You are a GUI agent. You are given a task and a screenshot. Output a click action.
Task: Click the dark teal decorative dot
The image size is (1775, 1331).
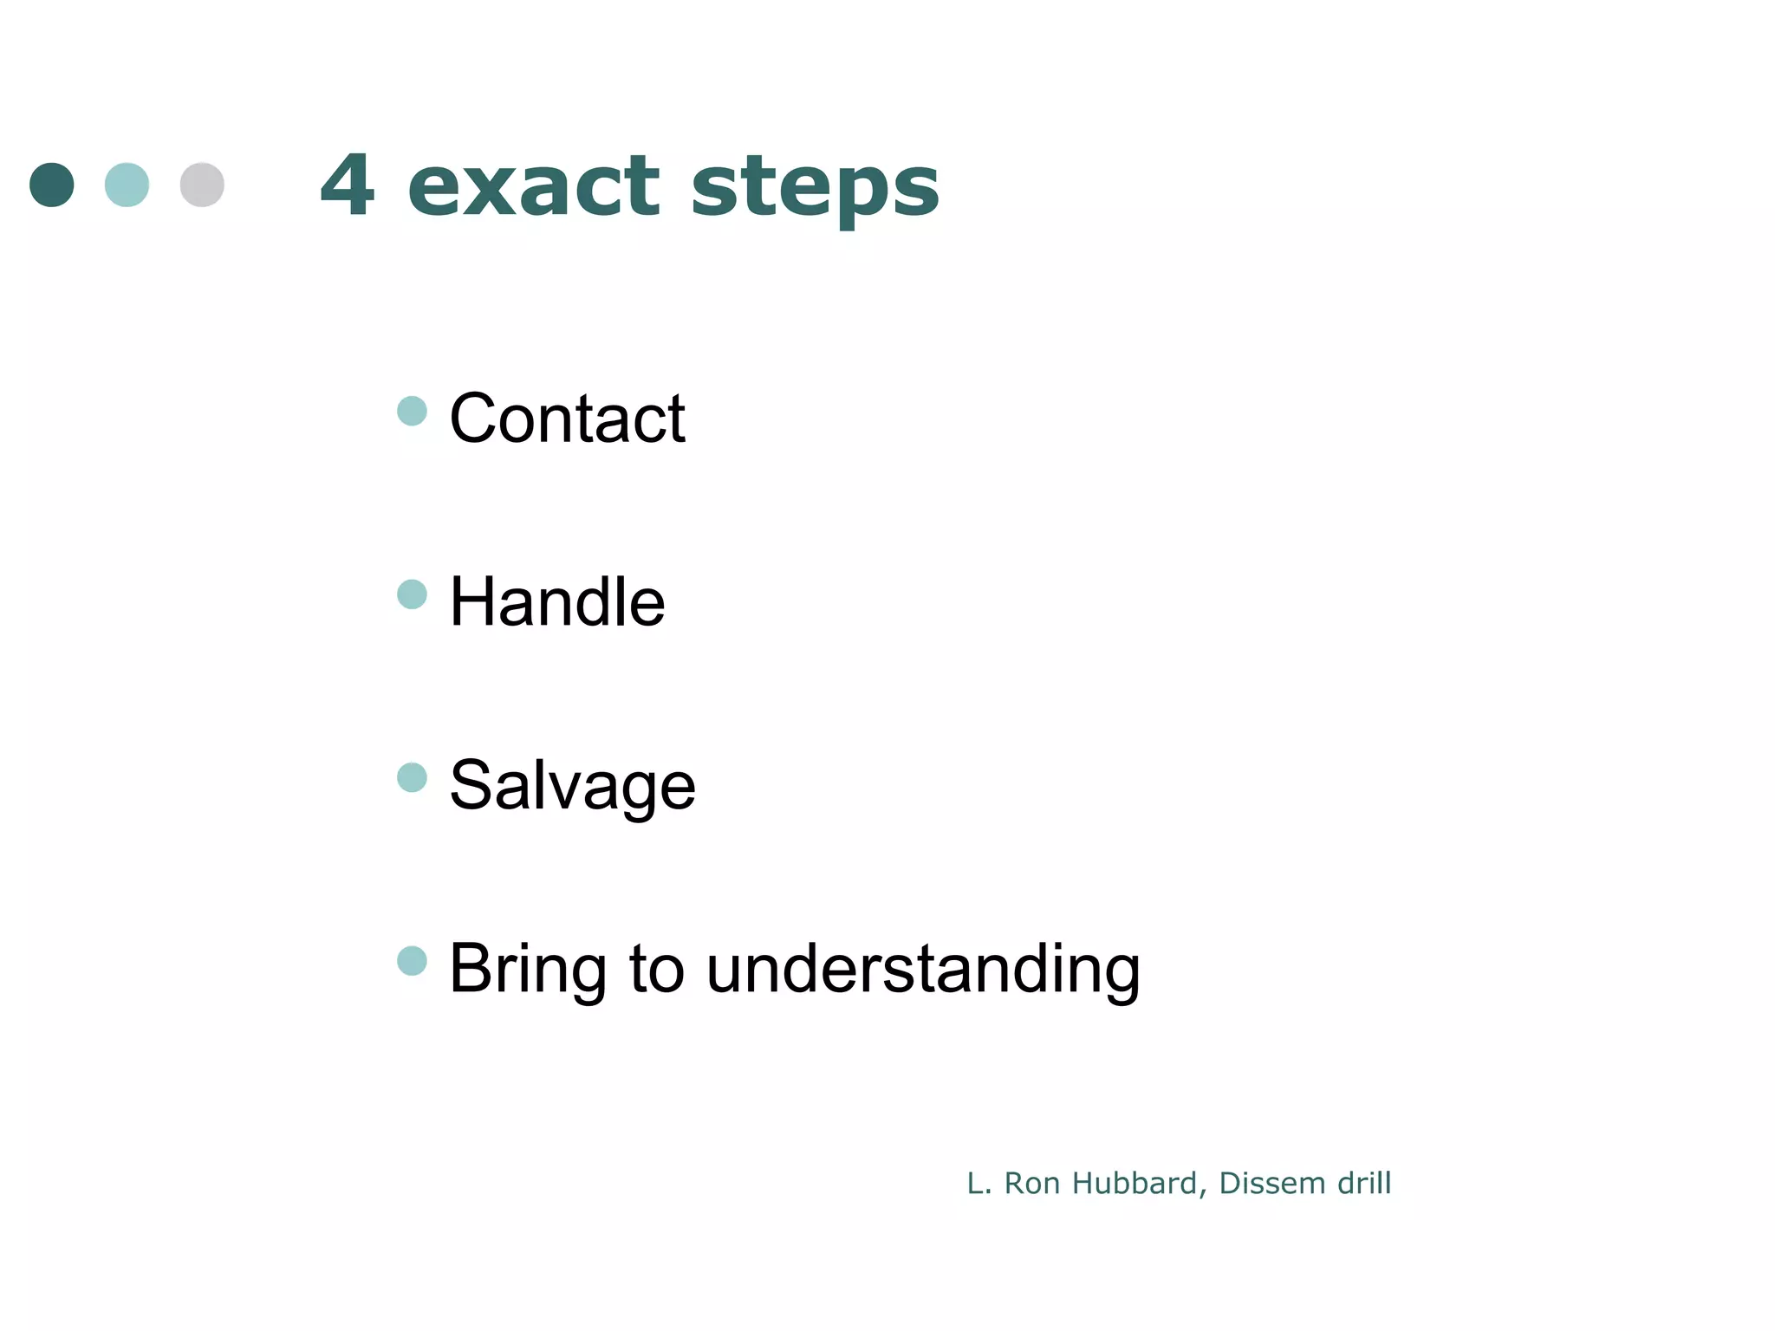click(x=52, y=185)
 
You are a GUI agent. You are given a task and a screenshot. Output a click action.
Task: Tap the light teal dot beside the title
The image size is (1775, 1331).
click(x=127, y=185)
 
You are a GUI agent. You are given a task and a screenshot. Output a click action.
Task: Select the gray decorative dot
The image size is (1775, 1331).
click(x=202, y=185)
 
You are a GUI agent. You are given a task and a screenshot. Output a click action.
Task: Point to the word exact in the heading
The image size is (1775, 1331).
click(x=534, y=186)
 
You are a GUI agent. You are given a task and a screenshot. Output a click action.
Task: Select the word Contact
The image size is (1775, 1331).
click(x=568, y=419)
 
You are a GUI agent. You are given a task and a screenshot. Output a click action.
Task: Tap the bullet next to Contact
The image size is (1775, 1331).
click(x=412, y=411)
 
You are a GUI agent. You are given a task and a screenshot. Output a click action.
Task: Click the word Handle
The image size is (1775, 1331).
click(x=557, y=601)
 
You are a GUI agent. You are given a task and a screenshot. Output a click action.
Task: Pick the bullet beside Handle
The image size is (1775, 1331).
click(x=412, y=594)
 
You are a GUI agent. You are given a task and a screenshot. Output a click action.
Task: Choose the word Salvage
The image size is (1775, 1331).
click(x=572, y=786)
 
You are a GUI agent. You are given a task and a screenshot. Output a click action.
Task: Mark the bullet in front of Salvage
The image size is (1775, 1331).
click(x=412, y=777)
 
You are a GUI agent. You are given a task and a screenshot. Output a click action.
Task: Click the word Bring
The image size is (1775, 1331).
click(x=527, y=970)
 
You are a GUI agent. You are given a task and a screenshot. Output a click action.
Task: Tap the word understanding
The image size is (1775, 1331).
click(x=923, y=970)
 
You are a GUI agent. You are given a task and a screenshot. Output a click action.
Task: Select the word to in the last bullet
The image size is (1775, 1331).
click(x=656, y=970)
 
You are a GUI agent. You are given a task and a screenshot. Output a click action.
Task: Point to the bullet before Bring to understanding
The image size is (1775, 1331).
click(x=412, y=961)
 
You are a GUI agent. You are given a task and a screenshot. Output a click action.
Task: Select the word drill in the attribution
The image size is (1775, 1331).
click(x=1364, y=1183)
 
